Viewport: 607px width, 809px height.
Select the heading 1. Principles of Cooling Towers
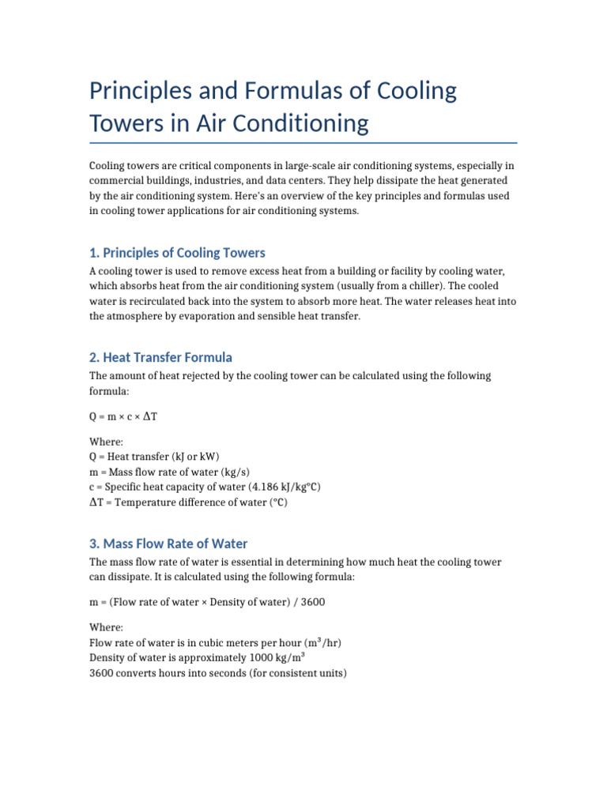tap(177, 253)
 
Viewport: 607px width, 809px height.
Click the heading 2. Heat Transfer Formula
tap(160, 357)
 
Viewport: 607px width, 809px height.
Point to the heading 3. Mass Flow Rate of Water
tap(168, 544)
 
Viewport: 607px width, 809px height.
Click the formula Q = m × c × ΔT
tap(123, 416)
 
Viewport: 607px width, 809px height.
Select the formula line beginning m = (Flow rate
tap(207, 602)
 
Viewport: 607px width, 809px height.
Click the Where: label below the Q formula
tap(106, 442)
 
